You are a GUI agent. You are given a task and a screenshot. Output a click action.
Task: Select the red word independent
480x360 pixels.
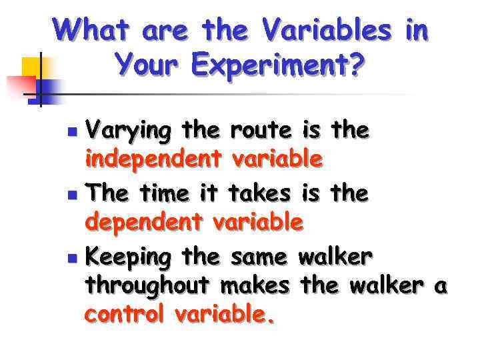click(x=154, y=159)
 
